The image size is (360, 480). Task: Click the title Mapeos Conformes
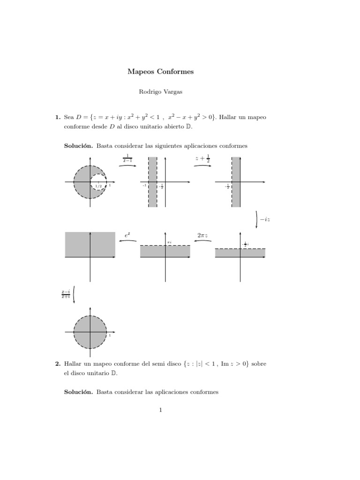pyautogui.click(x=160, y=72)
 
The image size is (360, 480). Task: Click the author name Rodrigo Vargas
pyautogui.click(x=160, y=92)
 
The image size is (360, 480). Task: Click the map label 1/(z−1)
pyautogui.click(x=127, y=158)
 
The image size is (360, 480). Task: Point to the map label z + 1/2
pyautogui.click(x=202, y=159)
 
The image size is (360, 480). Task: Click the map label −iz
pyautogui.click(x=265, y=219)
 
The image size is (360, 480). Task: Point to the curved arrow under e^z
pyautogui.click(x=127, y=241)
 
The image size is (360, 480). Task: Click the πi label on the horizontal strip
pyautogui.click(x=169, y=242)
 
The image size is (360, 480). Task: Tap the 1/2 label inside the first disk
pyautogui.click(x=98, y=186)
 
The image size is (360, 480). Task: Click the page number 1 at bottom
pyautogui.click(x=160, y=410)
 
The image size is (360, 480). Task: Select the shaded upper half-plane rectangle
pyautogui.click(x=90, y=244)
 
